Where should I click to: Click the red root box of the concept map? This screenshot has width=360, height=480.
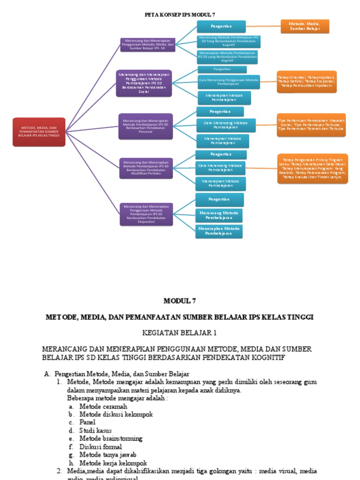(39, 132)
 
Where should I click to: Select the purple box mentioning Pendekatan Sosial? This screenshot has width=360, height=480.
(144, 83)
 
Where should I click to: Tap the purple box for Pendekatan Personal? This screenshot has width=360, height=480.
(145, 126)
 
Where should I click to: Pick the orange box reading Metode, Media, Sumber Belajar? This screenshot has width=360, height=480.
(305, 26)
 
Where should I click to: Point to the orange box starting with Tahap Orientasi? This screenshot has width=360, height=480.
(306, 82)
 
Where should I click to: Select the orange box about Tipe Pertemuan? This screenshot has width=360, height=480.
(311, 124)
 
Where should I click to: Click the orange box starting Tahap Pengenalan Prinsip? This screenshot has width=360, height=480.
(312, 169)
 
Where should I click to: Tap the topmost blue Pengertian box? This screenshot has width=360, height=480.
(221, 27)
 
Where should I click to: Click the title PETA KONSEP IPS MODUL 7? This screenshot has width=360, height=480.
(180, 15)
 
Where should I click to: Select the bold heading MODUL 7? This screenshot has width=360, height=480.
(180, 300)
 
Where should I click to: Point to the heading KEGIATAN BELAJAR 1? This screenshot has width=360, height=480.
(180, 332)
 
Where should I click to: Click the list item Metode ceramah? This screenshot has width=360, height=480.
(103, 406)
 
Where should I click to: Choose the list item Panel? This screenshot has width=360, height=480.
(87, 422)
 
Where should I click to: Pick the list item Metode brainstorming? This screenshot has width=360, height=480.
(111, 438)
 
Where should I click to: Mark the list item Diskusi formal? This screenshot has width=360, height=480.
(100, 446)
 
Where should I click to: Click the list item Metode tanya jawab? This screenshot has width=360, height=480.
(107, 454)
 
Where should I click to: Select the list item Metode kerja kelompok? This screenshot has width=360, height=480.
(113, 462)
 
